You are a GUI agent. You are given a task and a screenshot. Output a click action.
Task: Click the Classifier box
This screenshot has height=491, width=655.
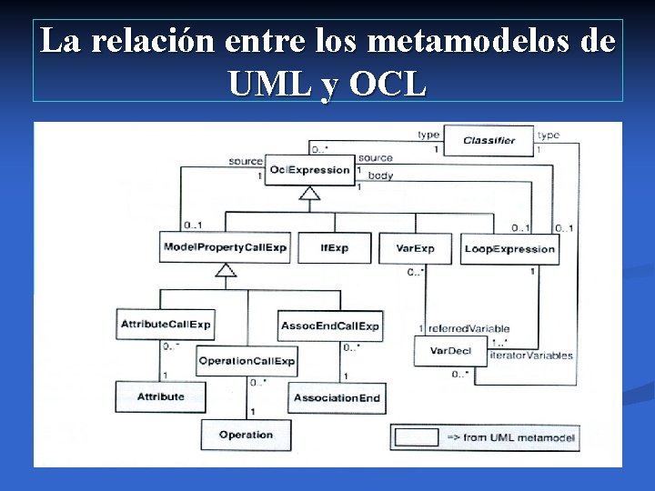489,140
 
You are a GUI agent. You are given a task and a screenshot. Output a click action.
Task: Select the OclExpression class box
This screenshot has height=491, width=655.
309,170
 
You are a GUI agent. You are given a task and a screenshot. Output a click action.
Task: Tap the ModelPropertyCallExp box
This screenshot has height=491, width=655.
225,248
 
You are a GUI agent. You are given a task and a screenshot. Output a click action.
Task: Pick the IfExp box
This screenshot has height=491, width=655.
335,248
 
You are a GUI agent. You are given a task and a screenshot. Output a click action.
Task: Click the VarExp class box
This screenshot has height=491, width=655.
415,248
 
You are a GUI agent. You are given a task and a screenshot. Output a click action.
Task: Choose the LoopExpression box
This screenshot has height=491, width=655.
509,248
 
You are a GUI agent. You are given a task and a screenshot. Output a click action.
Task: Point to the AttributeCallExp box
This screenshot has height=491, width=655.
166,324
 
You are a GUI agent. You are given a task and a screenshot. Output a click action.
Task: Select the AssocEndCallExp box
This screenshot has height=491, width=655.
330,326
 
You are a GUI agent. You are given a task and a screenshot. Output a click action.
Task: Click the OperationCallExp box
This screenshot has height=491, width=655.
247,361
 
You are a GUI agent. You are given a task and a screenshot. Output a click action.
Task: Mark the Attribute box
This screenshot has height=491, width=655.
160,396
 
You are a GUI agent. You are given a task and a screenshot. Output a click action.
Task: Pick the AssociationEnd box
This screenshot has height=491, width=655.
337,397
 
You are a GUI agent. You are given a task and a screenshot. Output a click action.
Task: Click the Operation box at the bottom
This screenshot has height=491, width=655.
246,435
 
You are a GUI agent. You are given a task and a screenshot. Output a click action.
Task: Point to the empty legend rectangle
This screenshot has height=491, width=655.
417,436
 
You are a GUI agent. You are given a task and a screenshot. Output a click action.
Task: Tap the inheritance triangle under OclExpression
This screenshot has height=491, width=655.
310,194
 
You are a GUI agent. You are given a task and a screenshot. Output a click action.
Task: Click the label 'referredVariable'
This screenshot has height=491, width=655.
469,328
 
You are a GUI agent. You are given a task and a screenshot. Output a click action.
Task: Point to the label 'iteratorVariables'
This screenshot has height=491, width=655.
530,356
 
